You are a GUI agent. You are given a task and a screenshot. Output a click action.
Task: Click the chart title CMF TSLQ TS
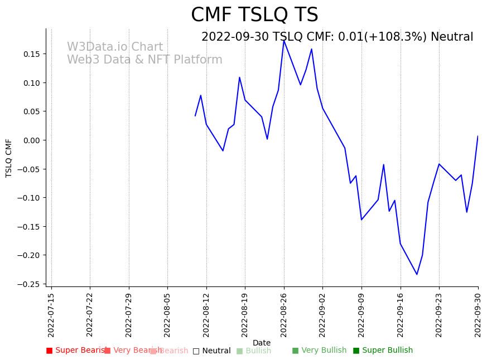254,15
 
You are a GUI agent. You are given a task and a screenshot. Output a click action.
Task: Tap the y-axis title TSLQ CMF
9,158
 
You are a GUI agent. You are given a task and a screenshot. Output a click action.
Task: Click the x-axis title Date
262,343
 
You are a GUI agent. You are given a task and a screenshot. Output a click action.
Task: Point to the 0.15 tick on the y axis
31,54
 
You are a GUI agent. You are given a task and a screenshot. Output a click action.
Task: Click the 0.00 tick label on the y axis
31,140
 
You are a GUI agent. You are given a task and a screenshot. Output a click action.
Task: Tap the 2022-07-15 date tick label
51,314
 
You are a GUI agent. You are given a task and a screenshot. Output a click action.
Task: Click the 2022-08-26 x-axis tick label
284,314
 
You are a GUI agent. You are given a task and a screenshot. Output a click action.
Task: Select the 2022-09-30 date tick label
478,314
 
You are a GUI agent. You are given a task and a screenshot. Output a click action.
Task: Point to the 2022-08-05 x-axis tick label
167,314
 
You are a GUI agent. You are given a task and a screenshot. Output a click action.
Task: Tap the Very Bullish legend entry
319,351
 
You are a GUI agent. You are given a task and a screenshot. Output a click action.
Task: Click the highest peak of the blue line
284,40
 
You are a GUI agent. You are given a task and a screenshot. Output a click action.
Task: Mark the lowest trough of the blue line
417,274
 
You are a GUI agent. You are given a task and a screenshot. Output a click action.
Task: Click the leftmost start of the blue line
195,116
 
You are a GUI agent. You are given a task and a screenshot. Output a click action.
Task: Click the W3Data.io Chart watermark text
115,47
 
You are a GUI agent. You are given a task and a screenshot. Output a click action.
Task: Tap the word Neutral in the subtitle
452,37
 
